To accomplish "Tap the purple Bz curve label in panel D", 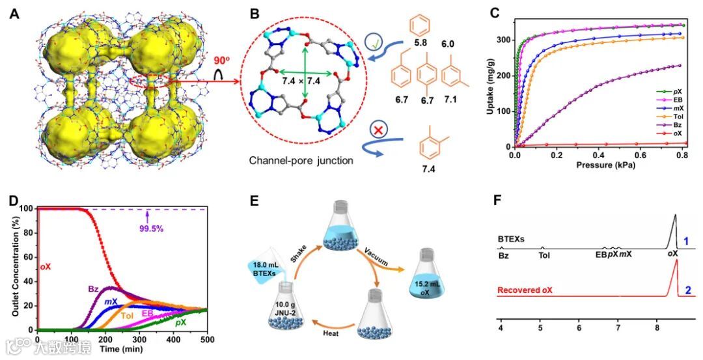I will tap(93, 288).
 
